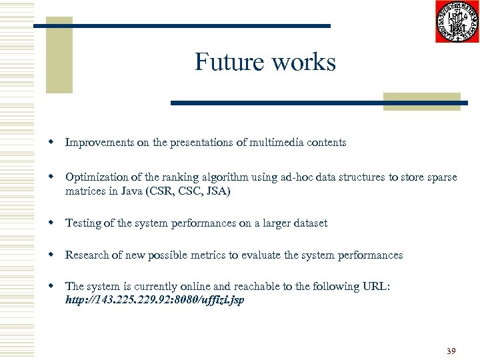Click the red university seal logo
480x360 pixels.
457,22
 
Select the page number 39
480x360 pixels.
451,351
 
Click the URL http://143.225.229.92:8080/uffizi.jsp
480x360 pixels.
155,300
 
